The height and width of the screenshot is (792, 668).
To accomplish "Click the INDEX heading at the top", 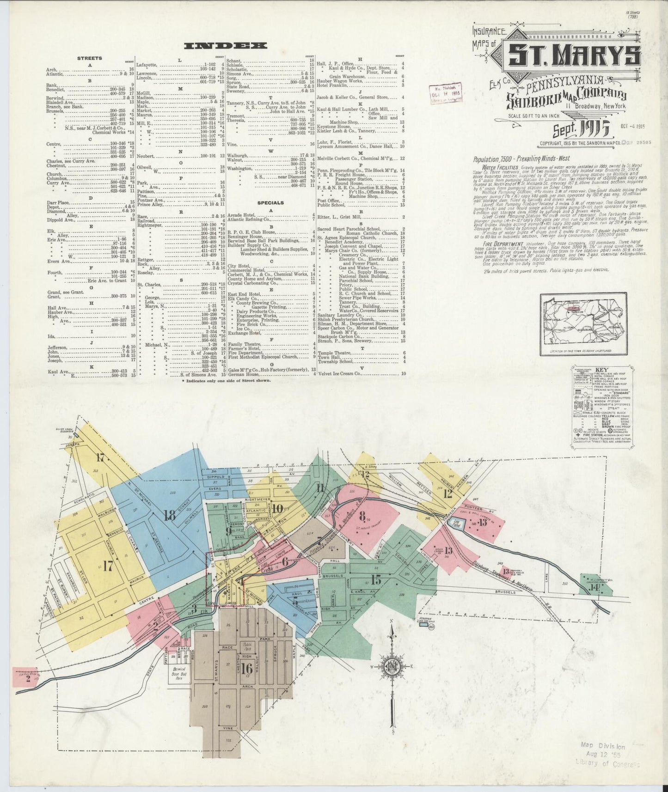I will (225, 45).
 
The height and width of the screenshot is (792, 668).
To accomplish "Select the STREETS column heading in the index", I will (90, 58).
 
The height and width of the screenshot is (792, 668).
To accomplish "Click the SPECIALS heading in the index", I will (270, 202).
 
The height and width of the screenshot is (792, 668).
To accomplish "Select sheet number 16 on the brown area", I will (246, 668).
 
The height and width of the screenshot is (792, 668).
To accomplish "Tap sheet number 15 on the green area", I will (376, 579).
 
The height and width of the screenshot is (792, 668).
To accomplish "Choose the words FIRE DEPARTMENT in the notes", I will (503, 244).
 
